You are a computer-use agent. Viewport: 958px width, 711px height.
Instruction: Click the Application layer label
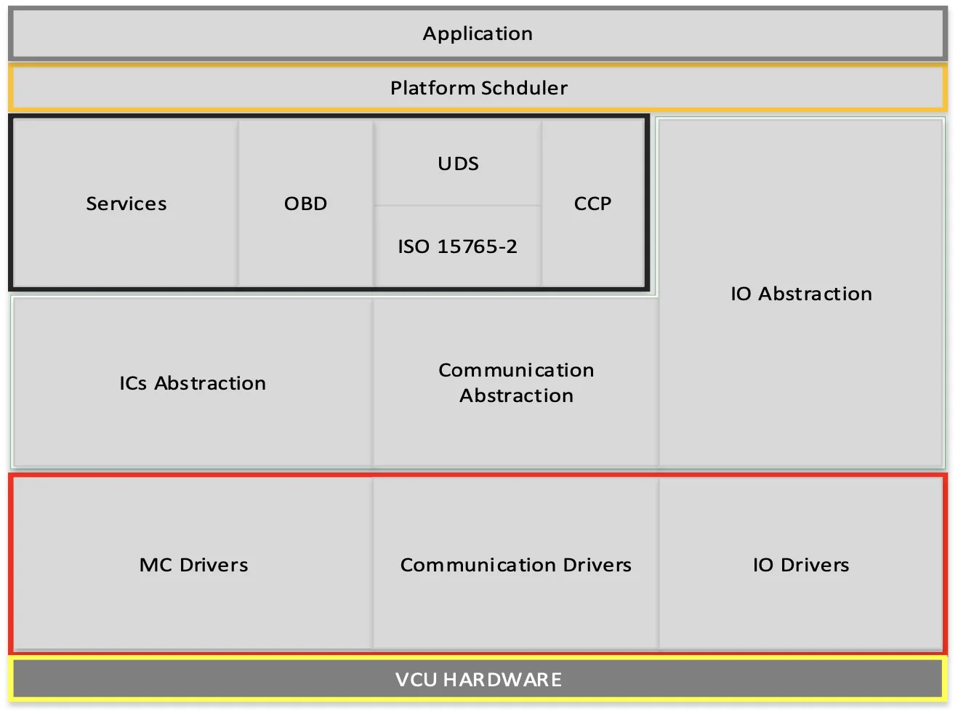click(478, 33)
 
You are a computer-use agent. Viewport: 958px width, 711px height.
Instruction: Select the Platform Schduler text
click(478, 88)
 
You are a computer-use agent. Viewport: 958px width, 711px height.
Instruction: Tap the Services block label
click(126, 204)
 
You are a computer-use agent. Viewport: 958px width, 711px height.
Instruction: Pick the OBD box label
click(305, 204)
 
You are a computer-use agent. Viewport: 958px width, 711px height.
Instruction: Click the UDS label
click(458, 164)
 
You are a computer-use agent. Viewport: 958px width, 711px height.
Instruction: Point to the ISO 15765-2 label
click(457, 246)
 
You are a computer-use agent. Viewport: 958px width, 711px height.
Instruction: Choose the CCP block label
click(592, 204)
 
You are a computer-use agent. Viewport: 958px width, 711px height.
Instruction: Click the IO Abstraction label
click(801, 294)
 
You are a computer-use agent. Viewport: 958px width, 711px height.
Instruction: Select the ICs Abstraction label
click(193, 383)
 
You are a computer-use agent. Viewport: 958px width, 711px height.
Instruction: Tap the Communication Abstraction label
click(516, 382)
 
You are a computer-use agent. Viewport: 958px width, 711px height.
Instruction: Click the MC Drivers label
click(193, 565)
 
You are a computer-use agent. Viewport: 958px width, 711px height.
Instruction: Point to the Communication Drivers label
click(515, 565)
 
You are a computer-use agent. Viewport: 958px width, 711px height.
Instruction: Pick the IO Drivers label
click(800, 565)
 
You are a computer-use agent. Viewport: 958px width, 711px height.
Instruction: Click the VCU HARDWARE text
click(478, 680)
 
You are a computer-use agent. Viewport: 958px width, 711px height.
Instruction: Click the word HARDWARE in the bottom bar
click(502, 680)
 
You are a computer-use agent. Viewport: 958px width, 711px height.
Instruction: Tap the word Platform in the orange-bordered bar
click(432, 88)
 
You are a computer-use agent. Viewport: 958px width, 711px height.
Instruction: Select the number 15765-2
click(477, 246)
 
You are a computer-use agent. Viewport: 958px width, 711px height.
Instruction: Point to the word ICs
click(133, 383)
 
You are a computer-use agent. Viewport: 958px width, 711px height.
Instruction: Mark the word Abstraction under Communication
click(516, 395)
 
